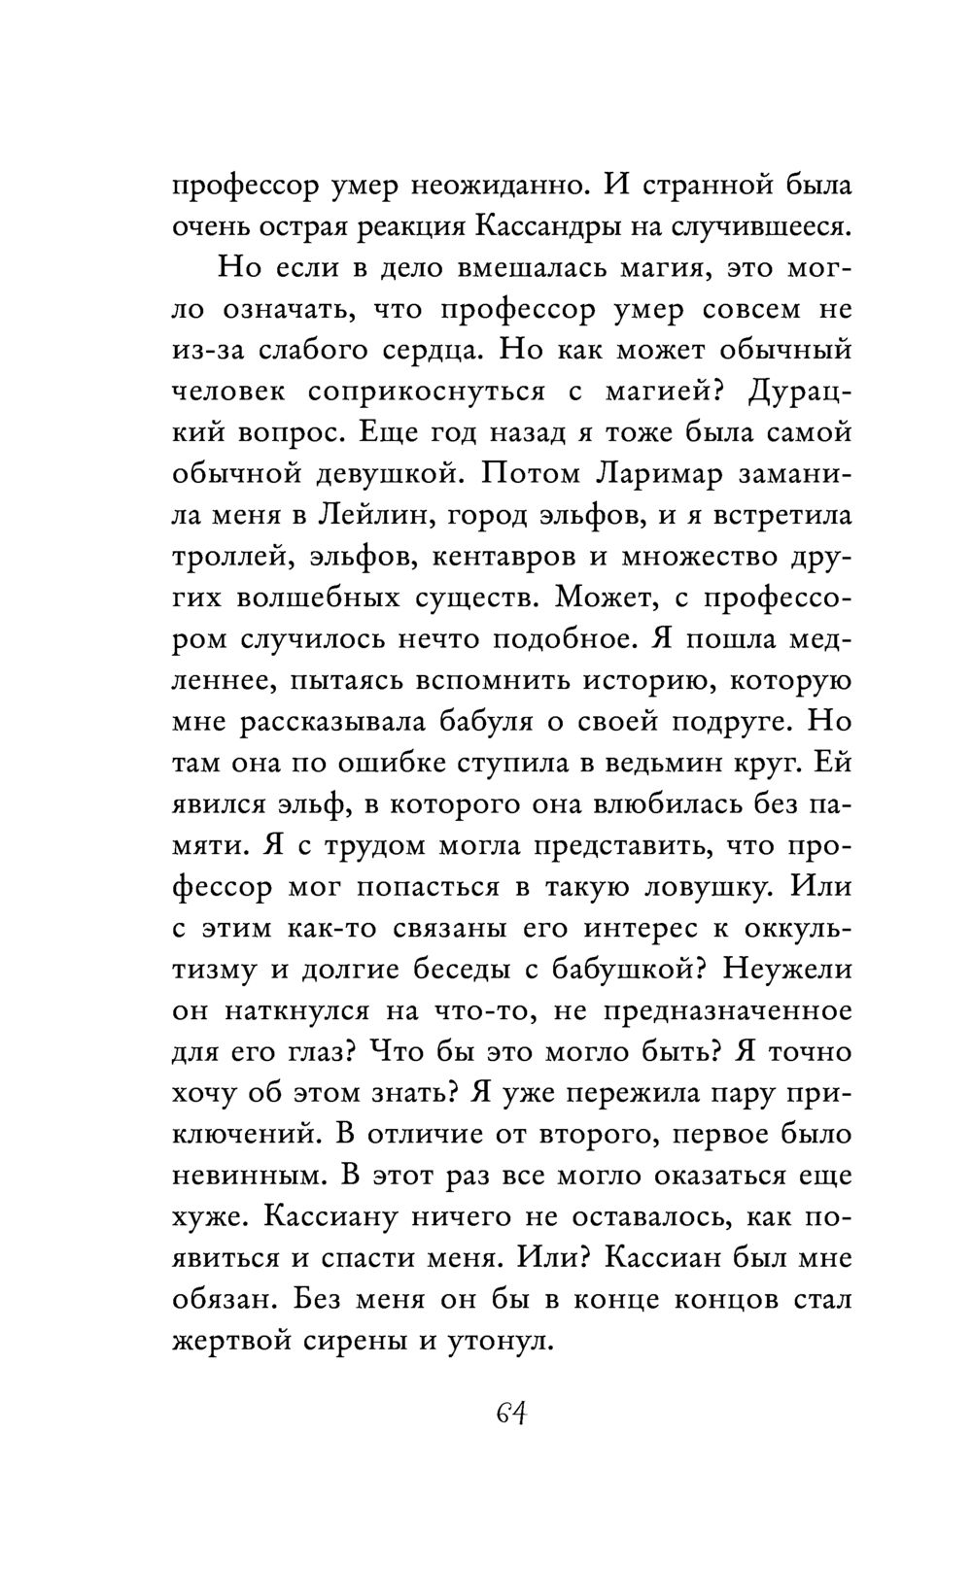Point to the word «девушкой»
(x=392, y=474)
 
